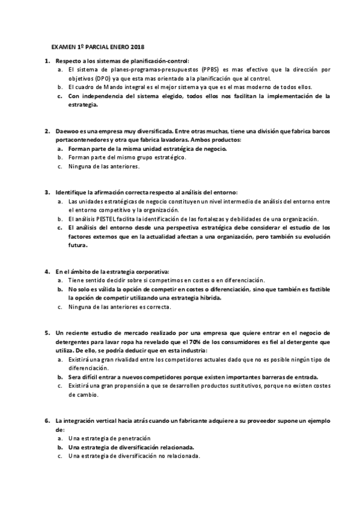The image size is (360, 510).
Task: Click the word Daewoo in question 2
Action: pos(67,131)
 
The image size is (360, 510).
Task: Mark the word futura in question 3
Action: pos(78,245)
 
